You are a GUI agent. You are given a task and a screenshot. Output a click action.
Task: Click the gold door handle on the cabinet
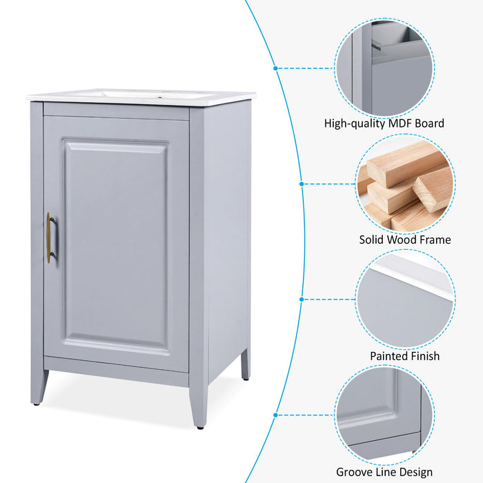[x=49, y=237]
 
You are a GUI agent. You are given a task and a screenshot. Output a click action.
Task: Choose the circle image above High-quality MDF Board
[x=384, y=67]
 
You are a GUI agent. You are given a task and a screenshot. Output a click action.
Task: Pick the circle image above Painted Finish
[x=404, y=299]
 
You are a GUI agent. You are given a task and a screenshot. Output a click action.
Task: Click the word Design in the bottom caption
[x=416, y=472]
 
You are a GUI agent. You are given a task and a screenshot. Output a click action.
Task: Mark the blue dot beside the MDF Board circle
[x=275, y=68]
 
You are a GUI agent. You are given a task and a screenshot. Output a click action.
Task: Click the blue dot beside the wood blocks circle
[x=302, y=184]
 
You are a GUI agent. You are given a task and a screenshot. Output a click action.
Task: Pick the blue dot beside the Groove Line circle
[x=275, y=415]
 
